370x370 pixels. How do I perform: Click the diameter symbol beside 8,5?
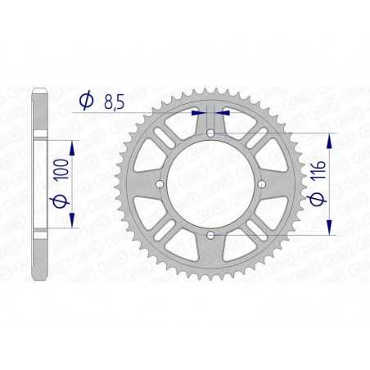click(x=85, y=102)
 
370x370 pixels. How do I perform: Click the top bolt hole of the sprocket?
click(x=211, y=132)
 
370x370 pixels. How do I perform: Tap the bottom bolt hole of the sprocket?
click(x=211, y=236)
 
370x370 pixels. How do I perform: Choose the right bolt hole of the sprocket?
click(x=263, y=184)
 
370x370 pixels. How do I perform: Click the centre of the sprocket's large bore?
click(x=211, y=184)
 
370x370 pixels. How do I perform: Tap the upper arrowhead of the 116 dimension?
click(x=330, y=137)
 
